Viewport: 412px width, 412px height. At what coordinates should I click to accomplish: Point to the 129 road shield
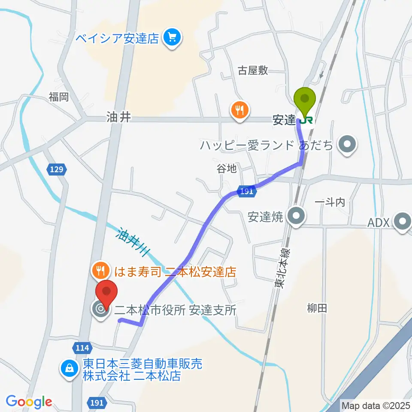click(x=58, y=170)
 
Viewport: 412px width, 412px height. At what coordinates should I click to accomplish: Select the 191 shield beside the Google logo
click(x=97, y=403)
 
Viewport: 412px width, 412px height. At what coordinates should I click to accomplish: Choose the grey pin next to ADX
click(x=403, y=223)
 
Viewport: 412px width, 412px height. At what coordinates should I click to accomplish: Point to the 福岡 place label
click(x=58, y=97)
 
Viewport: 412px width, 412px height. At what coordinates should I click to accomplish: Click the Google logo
click(x=29, y=402)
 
